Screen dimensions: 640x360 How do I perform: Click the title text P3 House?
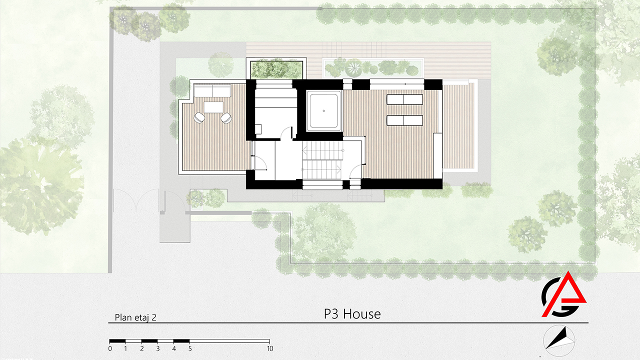click(x=352, y=314)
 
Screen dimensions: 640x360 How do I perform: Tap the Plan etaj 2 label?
click(x=135, y=317)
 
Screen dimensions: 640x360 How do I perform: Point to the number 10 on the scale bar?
click(x=270, y=348)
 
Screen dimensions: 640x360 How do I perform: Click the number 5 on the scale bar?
click(x=190, y=348)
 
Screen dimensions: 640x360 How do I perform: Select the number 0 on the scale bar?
click(x=110, y=348)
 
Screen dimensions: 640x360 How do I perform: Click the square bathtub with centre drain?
click(x=324, y=111)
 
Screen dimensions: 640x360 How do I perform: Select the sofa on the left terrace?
click(x=212, y=91)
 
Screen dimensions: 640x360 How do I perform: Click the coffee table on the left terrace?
click(x=213, y=107)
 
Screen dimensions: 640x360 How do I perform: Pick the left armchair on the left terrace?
click(x=199, y=117)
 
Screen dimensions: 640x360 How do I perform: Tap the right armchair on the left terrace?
click(x=226, y=118)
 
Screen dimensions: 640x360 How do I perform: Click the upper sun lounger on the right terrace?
click(x=404, y=99)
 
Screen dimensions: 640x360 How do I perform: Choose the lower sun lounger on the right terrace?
click(x=404, y=120)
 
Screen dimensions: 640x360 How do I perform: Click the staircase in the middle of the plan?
click(x=322, y=160)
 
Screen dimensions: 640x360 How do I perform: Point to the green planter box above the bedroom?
click(x=276, y=69)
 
